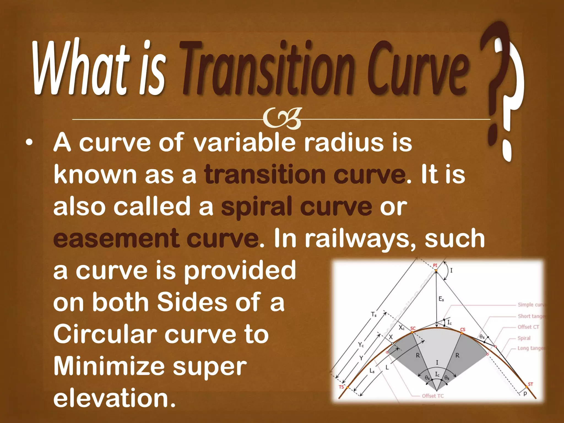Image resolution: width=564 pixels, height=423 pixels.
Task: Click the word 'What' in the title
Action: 80,69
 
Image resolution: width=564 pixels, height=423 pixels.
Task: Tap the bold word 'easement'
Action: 116,238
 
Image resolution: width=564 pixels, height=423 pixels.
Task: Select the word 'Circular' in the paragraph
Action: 105,334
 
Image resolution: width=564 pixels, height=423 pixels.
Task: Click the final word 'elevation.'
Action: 114,398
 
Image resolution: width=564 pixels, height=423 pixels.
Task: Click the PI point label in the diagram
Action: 435,265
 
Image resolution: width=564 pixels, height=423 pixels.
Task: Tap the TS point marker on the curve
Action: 348,387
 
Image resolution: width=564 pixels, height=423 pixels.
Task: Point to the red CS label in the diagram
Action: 463,330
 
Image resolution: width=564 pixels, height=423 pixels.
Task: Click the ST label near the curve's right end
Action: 530,384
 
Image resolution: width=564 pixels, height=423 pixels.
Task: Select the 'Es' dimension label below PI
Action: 441,299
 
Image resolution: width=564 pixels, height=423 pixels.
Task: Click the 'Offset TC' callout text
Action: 433,396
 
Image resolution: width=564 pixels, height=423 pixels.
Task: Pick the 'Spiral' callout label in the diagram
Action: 524,338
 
